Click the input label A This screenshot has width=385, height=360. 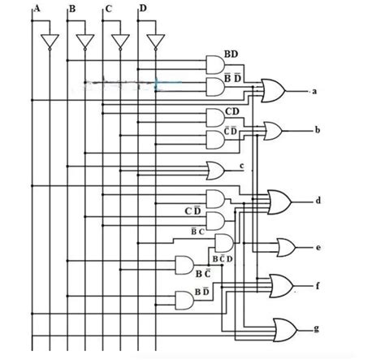(36, 8)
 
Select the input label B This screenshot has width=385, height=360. (72, 9)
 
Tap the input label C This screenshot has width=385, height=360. (108, 9)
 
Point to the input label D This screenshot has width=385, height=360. (143, 9)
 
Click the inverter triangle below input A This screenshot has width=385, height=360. (50, 41)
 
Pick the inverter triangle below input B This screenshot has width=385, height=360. (84, 41)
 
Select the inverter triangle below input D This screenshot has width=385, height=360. (155, 41)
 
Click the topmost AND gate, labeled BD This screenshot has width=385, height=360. (216, 64)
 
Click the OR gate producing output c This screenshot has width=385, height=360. (217, 170)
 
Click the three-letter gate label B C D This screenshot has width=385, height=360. (222, 258)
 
